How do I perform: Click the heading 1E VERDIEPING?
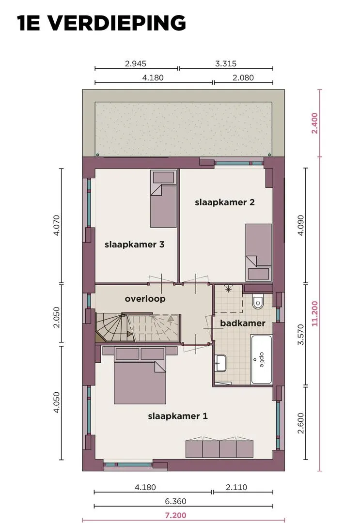[x=101, y=23]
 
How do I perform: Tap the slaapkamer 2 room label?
[x=224, y=202]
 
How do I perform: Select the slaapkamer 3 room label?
[x=135, y=245]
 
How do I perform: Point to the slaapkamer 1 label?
[x=178, y=416]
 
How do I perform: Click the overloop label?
[x=145, y=299]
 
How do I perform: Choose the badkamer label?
[x=243, y=323]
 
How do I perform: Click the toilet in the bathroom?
[x=258, y=301]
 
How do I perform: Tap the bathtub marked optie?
[x=261, y=359]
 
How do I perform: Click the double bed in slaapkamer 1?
[x=140, y=376]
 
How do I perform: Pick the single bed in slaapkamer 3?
[x=163, y=199]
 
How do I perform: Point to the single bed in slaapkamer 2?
[x=259, y=252]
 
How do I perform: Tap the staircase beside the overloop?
[x=138, y=327]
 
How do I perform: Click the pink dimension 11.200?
[x=314, y=313]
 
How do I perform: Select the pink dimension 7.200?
[x=175, y=515]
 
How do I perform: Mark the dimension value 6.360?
[x=175, y=501]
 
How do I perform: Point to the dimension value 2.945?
[x=136, y=63]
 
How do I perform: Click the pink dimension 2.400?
[x=314, y=123]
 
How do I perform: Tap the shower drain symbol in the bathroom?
[x=228, y=289]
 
